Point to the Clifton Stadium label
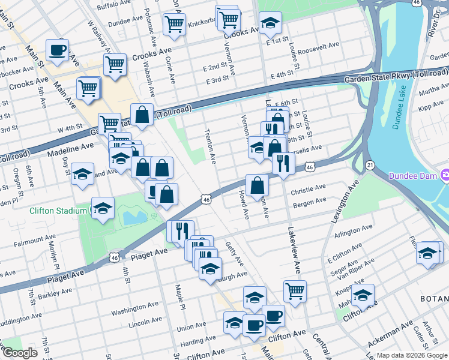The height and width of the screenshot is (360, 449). point(58,211)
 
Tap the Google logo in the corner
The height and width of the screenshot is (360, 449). point(19,353)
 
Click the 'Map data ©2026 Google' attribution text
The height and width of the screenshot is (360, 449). point(412,355)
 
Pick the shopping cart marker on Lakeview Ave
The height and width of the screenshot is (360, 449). point(295,291)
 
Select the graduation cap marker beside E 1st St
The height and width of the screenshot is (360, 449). point(271,23)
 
